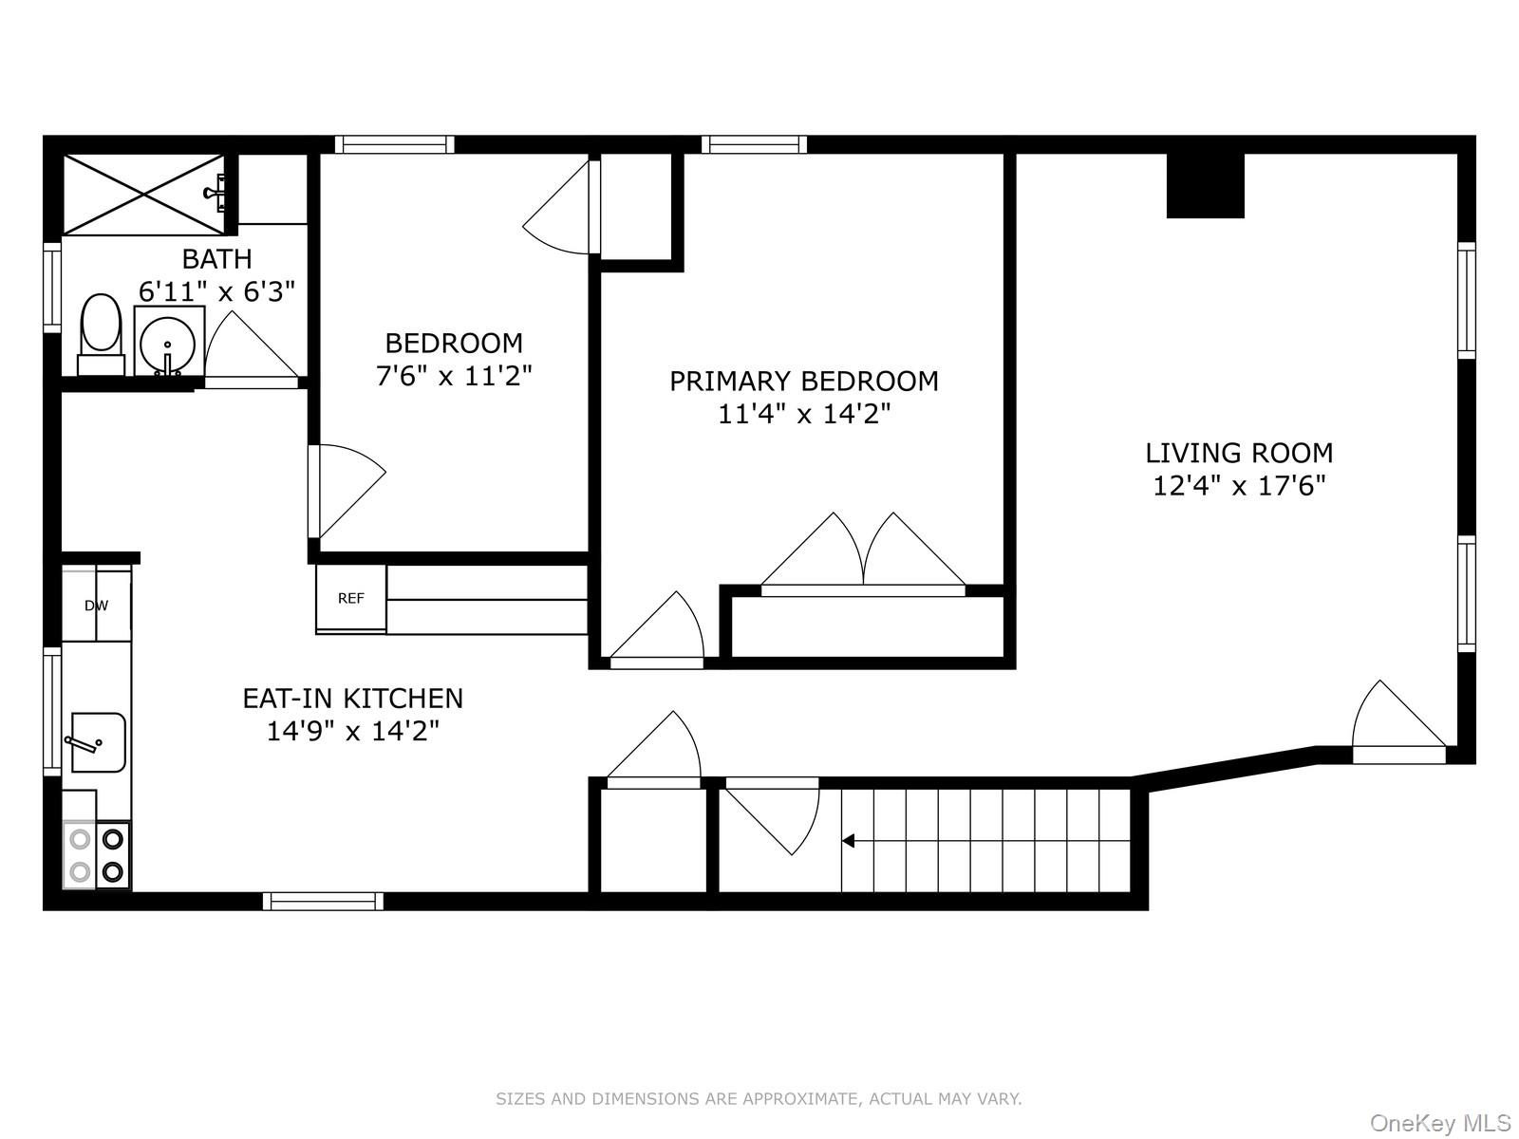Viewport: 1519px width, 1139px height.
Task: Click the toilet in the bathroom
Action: tap(101, 327)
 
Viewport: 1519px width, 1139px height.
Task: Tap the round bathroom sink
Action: tap(168, 343)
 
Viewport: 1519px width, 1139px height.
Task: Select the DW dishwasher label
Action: tap(96, 606)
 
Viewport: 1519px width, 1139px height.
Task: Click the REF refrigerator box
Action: tap(351, 598)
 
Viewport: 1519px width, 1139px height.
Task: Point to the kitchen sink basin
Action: tap(99, 741)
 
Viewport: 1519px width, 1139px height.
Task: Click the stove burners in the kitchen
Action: tap(97, 854)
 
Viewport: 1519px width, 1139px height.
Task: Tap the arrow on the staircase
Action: tap(849, 840)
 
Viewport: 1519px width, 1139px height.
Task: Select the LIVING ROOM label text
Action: tap(1238, 453)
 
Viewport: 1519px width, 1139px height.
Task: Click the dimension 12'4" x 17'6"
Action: tap(1238, 486)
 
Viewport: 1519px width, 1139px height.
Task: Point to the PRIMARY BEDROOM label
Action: tap(803, 381)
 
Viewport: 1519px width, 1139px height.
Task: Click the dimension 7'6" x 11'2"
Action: tap(454, 376)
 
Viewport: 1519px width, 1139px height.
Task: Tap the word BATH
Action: tap(216, 258)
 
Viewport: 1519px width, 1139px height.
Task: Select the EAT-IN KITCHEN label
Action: tap(352, 698)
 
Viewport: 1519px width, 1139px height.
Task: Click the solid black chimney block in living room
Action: tap(1205, 185)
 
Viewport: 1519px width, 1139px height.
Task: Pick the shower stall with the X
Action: tap(143, 194)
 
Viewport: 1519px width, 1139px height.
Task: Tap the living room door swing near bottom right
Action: tap(1396, 721)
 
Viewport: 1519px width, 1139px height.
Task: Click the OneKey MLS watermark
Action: tap(1439, 1123)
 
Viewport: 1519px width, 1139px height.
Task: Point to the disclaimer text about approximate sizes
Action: tap(759, 1099)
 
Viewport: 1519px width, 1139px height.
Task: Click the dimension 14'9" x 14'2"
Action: tap(352, 731)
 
